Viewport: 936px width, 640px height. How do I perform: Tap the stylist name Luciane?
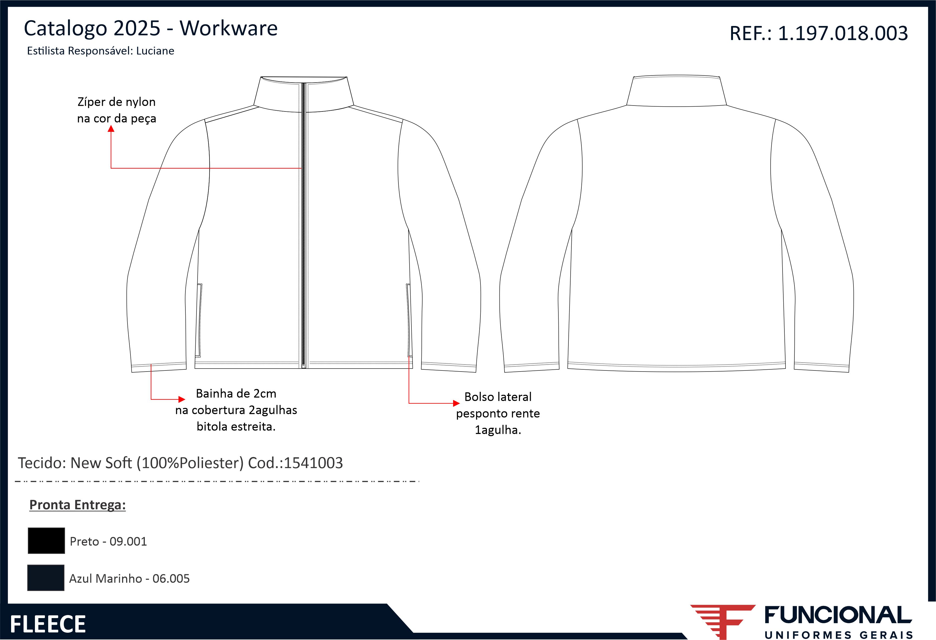pyautogui.click(x=155, y=51)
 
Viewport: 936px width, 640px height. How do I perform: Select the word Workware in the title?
pyautogui.click(x=228, y=28)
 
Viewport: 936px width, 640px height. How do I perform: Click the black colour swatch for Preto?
pyautogui.click(x=46, y=540)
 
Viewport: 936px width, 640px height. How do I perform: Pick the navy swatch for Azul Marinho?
pyautogui.click(x=46, y=577)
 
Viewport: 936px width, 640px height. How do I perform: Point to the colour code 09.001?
pyautogui.click(x=128, y=541)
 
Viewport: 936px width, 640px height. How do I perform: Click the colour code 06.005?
pyautogui.click(x=171, y=578)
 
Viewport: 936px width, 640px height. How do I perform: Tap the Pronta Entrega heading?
pyautogui.click(x=77, y=505)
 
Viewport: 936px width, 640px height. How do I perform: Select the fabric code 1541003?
pyautogui.click(x=313, y=463)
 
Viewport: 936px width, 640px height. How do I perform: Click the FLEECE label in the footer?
pyautogui.click(x=48, y=624)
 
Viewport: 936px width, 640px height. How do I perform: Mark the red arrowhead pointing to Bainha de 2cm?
pyautogui.click(x=182, y=399)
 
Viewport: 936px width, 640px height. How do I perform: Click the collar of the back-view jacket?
pyautogui.click(x=677, y=91)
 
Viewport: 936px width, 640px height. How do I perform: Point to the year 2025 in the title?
pyautogui.click(x=137, y=28)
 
